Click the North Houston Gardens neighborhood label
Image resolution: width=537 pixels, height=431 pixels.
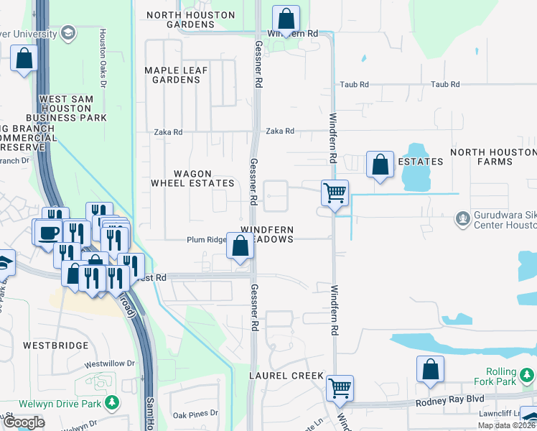coord(190,19)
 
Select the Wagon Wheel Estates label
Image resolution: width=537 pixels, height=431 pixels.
coord(192,178)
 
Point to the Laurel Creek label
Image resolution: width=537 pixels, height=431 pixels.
coord(281,376)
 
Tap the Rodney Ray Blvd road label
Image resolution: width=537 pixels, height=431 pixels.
coord(450,402)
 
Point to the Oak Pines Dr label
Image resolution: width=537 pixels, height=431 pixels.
coord(195,414)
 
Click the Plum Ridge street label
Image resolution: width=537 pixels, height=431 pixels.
coord(207,240)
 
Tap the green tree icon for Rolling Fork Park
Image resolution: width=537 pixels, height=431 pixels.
coord(528,376)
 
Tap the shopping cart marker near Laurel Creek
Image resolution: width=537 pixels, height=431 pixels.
coord(340,388)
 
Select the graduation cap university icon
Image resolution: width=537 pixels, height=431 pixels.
coord(68,32)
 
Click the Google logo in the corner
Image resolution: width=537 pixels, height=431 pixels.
coord(24,422)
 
